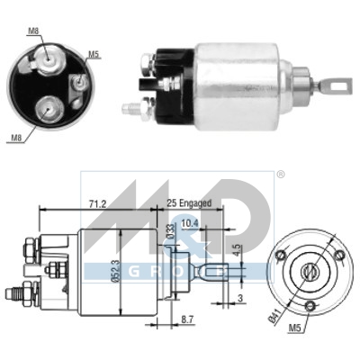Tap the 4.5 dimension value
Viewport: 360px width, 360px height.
coord(236,241)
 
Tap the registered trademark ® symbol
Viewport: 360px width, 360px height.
coord(280,174)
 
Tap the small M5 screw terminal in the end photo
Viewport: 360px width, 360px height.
coord(79,83)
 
